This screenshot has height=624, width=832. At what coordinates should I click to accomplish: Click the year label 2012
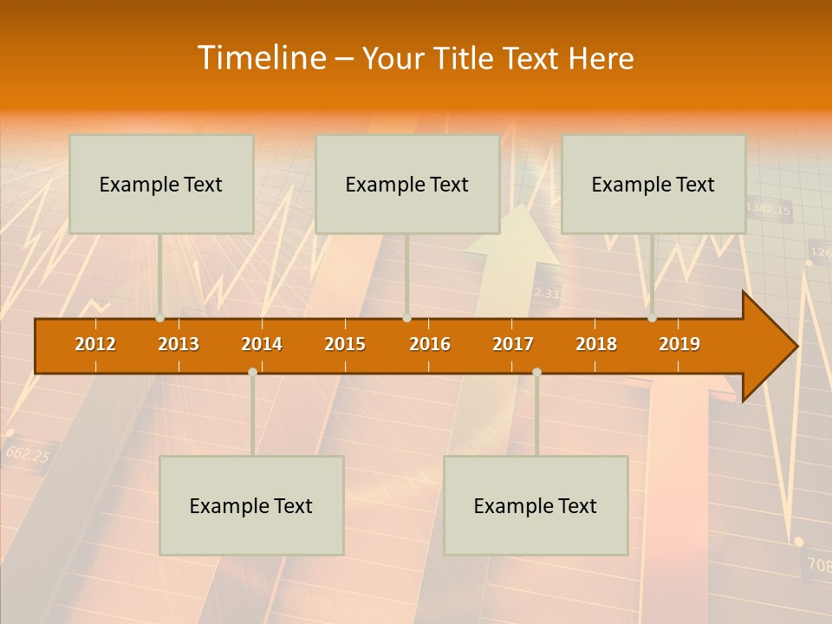95,344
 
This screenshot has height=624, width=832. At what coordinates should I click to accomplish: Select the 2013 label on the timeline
179,344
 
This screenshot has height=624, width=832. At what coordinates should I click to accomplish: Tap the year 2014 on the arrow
262,344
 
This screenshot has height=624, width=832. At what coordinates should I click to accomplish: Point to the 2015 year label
345,344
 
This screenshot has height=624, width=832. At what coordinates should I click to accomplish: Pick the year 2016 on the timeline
430,344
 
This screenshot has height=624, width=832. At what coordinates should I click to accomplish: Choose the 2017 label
513,344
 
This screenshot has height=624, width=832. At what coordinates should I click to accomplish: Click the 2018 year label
596,344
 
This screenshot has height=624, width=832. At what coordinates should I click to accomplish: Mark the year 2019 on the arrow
679,344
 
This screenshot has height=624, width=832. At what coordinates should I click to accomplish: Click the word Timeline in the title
261,58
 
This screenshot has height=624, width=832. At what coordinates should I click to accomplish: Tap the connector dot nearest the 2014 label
252,372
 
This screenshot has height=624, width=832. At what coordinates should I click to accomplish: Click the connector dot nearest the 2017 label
536,372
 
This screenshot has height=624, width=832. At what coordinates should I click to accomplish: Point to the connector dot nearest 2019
652,318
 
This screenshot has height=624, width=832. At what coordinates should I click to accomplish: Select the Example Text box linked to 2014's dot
251,505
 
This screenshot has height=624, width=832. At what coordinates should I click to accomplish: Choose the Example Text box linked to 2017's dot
536,505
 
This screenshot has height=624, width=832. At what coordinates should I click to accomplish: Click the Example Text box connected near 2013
161,184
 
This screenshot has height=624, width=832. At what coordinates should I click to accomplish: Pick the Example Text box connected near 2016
407,184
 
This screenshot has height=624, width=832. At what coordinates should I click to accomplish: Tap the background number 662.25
27,453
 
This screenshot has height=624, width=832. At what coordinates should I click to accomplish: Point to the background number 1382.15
769,209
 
